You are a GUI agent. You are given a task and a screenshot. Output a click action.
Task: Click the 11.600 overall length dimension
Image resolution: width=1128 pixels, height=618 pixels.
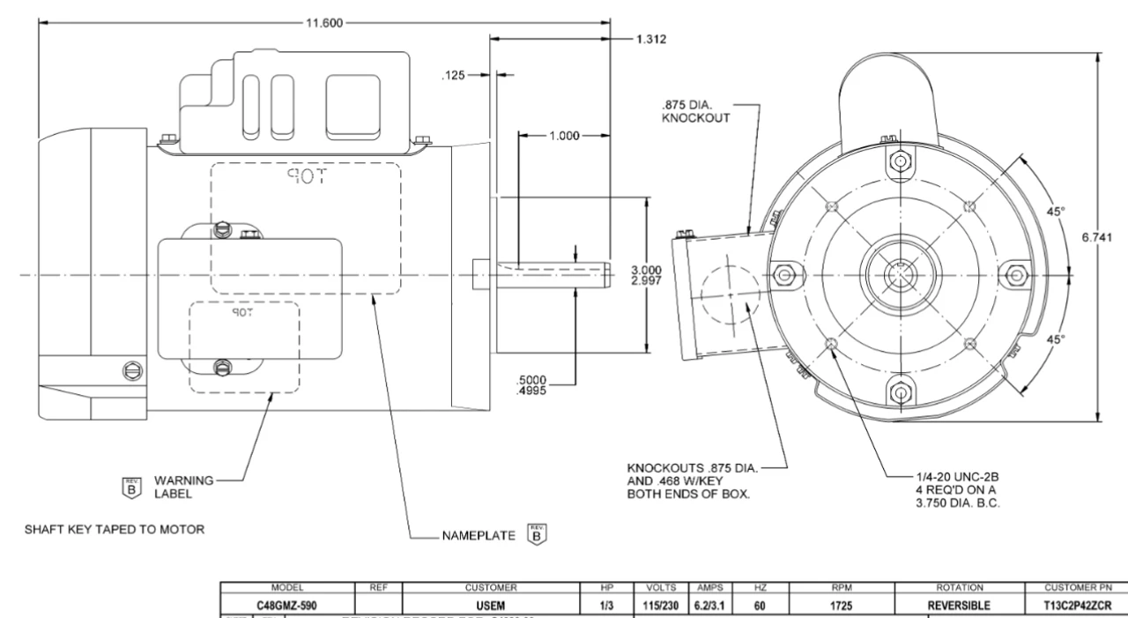click(x=324, y=23)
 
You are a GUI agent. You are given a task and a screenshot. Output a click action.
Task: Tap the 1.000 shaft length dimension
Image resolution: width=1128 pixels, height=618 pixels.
click(x=563, y=136)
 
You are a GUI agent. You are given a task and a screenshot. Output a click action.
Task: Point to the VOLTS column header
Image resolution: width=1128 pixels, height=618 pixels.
click(x=660, y=587)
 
